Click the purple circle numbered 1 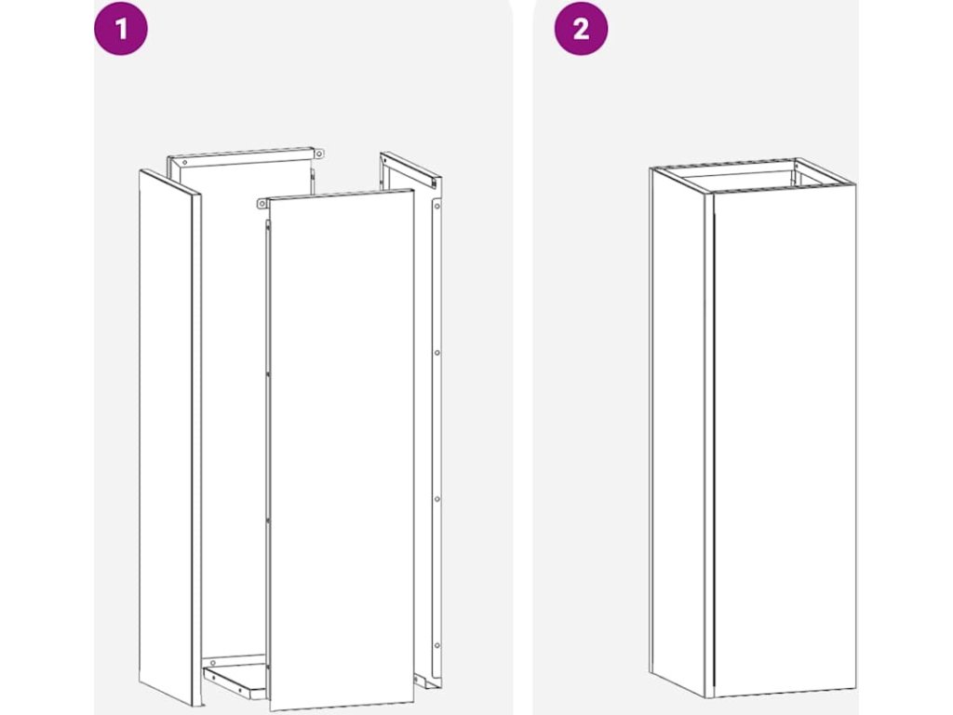(x=121, y=29)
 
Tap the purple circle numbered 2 (x=581, y=29)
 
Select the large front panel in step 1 (x=342, y=450)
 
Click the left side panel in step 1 (x=169, y=438)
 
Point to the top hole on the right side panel (x=437, y=207)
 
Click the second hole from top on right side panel (x=437, y=353)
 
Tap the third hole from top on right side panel (x=437, y=499)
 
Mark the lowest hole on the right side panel (x=437, y=646)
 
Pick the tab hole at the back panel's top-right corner (x=319, y=154)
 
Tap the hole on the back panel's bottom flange (x=213, y=662)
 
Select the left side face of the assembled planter (x=678, y=432)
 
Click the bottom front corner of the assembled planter (x=709, y=696)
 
